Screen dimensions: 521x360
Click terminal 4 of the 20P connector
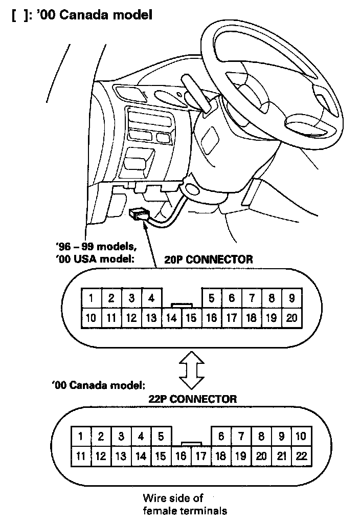[151, 298]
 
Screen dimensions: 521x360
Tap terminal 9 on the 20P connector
[291, 298]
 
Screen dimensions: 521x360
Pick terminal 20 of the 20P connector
[291, 318]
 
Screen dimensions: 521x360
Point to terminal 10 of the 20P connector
[91, 318]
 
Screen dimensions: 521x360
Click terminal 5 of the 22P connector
[161, 437]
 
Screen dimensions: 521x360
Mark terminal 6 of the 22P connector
[221, 437]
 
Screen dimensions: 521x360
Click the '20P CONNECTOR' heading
[208, 259]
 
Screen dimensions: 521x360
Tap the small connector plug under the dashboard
[140, 214]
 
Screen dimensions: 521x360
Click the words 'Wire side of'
[173, 497]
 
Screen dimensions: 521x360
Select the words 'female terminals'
[185, 510]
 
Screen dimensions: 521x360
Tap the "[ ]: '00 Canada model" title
[81, 15]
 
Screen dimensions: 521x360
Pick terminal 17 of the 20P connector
[231, 318]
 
